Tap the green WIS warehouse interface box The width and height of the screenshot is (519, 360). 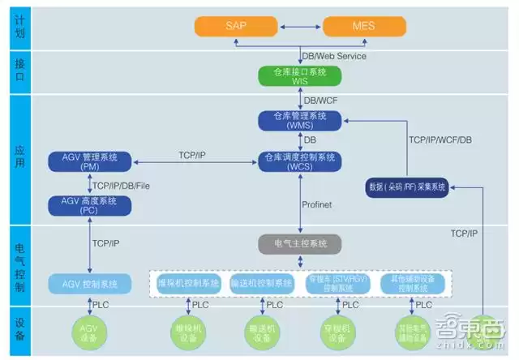(x=301, y=76)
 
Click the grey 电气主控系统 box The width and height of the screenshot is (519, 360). (x=299, y=243)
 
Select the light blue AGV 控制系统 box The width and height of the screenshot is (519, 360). (x=95, y=284)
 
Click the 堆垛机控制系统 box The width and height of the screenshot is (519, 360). (x=189, y=284)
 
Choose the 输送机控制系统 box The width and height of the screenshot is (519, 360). (x=262, y=284)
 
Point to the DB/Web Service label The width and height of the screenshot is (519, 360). (x=334, y=56)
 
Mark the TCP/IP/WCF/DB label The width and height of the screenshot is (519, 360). (x=440, y=140)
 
